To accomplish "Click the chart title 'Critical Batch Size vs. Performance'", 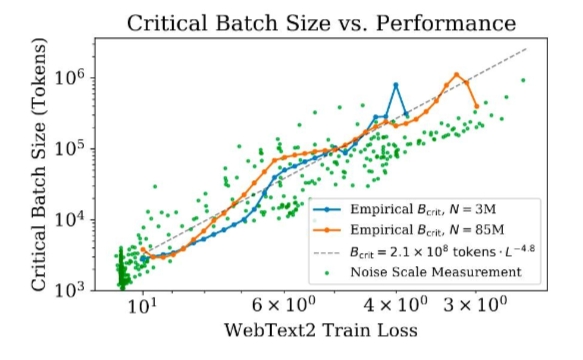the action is pyautogui.click(x=321, y=23).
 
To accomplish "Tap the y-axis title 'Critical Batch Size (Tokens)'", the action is pyautogui.click(x=39, y=164).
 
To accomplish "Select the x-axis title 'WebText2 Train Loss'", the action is pyautogui.click(x=321, y=330).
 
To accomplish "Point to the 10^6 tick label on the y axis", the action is pyautogui.click(x=70, y=76).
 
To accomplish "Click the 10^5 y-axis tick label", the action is pyautogui.click(x=70, y=148).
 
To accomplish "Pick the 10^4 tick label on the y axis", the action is pyautogui.click(x=70, y=219).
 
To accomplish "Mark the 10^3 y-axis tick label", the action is pyautogui.click(x=70, y=289).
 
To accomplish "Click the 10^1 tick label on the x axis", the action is pyautogui.click(x=142, y=306).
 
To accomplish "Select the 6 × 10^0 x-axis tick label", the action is pyautogui.click(x=284, y=305).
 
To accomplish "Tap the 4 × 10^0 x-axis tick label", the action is pyautogui.click(x=395, y=305).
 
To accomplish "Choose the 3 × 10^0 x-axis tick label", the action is pyautogui.click(x=475, y=305).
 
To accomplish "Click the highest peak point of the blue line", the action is pyautogui.click(x=396, y=85).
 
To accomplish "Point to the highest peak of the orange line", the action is pyautogui.click(x=457, y=75).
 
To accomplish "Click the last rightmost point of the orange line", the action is pyautogui.click(x=477, y=106).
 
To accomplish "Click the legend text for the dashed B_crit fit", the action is pyautogui.click(x=442, y=251).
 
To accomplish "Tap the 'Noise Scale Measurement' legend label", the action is pyautogui.click(x=436, y=272).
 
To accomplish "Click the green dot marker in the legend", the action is pyautogui.click(x=327, y=273).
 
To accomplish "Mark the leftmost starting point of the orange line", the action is pyautogui.click(x=143, y=250).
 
